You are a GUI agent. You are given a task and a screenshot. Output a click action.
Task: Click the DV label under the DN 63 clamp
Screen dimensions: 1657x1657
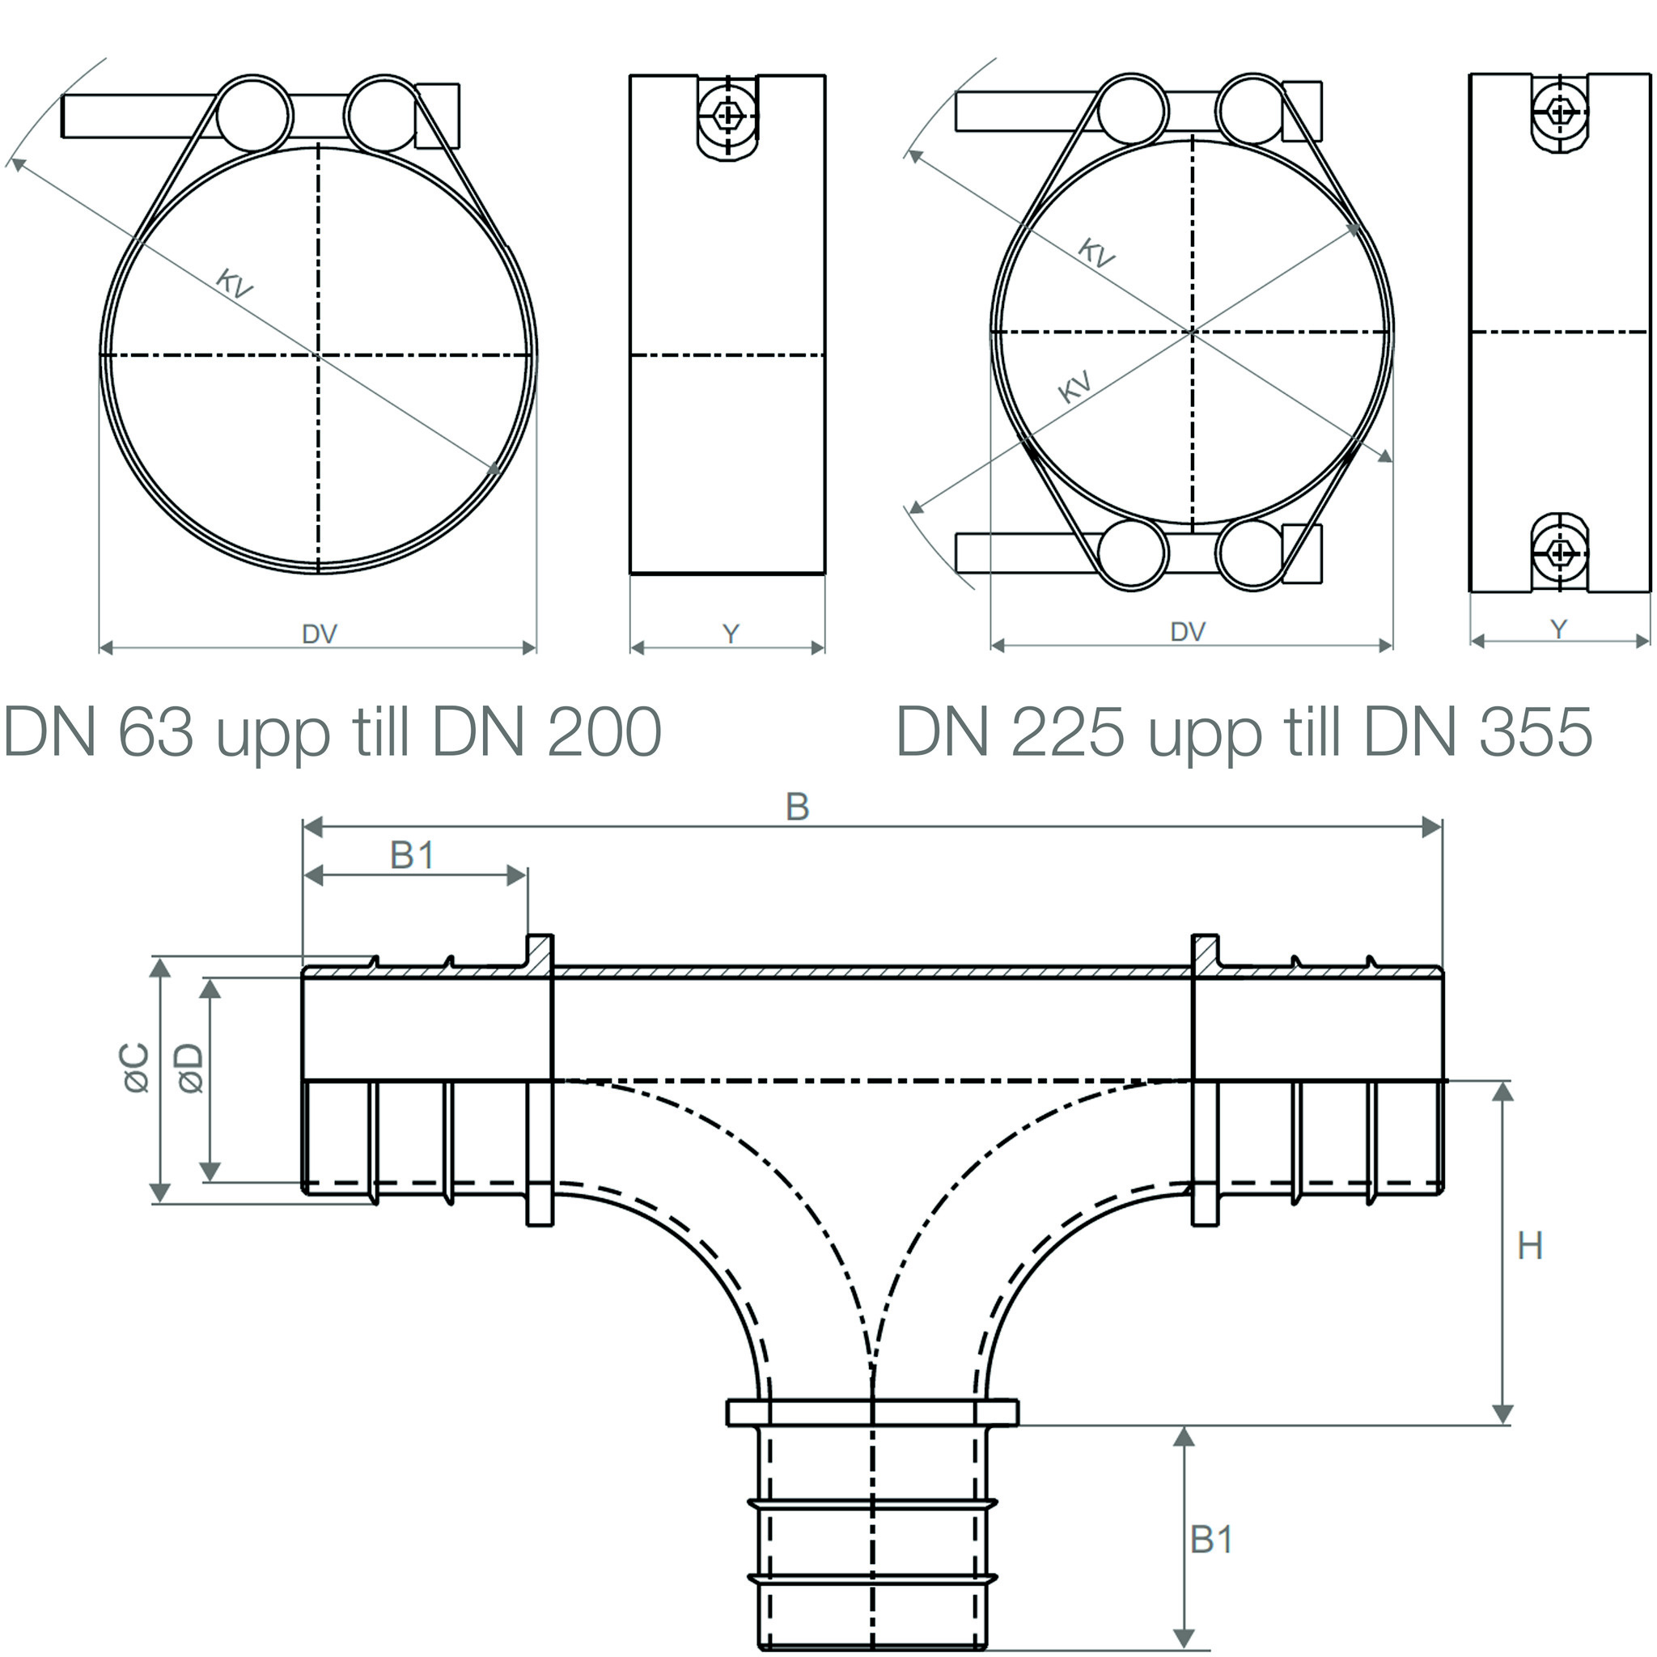point(319,634)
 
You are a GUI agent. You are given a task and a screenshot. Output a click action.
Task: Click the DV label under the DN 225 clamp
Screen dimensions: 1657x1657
point(1188,632)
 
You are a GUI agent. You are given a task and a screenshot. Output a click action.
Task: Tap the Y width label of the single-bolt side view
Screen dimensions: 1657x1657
point(731,634)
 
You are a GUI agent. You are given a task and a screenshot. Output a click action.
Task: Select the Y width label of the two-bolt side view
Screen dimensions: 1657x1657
point(1559,629)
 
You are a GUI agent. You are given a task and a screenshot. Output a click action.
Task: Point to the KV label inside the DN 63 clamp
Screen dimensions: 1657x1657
point(234,283)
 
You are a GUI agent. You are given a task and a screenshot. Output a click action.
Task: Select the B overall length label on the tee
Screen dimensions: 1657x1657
point(798,807)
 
